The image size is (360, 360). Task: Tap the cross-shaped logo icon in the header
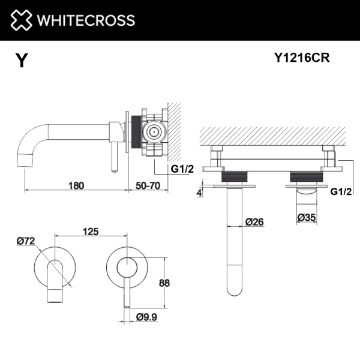tap(19, 20)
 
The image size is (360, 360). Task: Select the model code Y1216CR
tap(301, 58)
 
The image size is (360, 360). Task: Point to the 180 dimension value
tap(76, 186)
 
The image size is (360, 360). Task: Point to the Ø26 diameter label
tap(255, 222)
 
